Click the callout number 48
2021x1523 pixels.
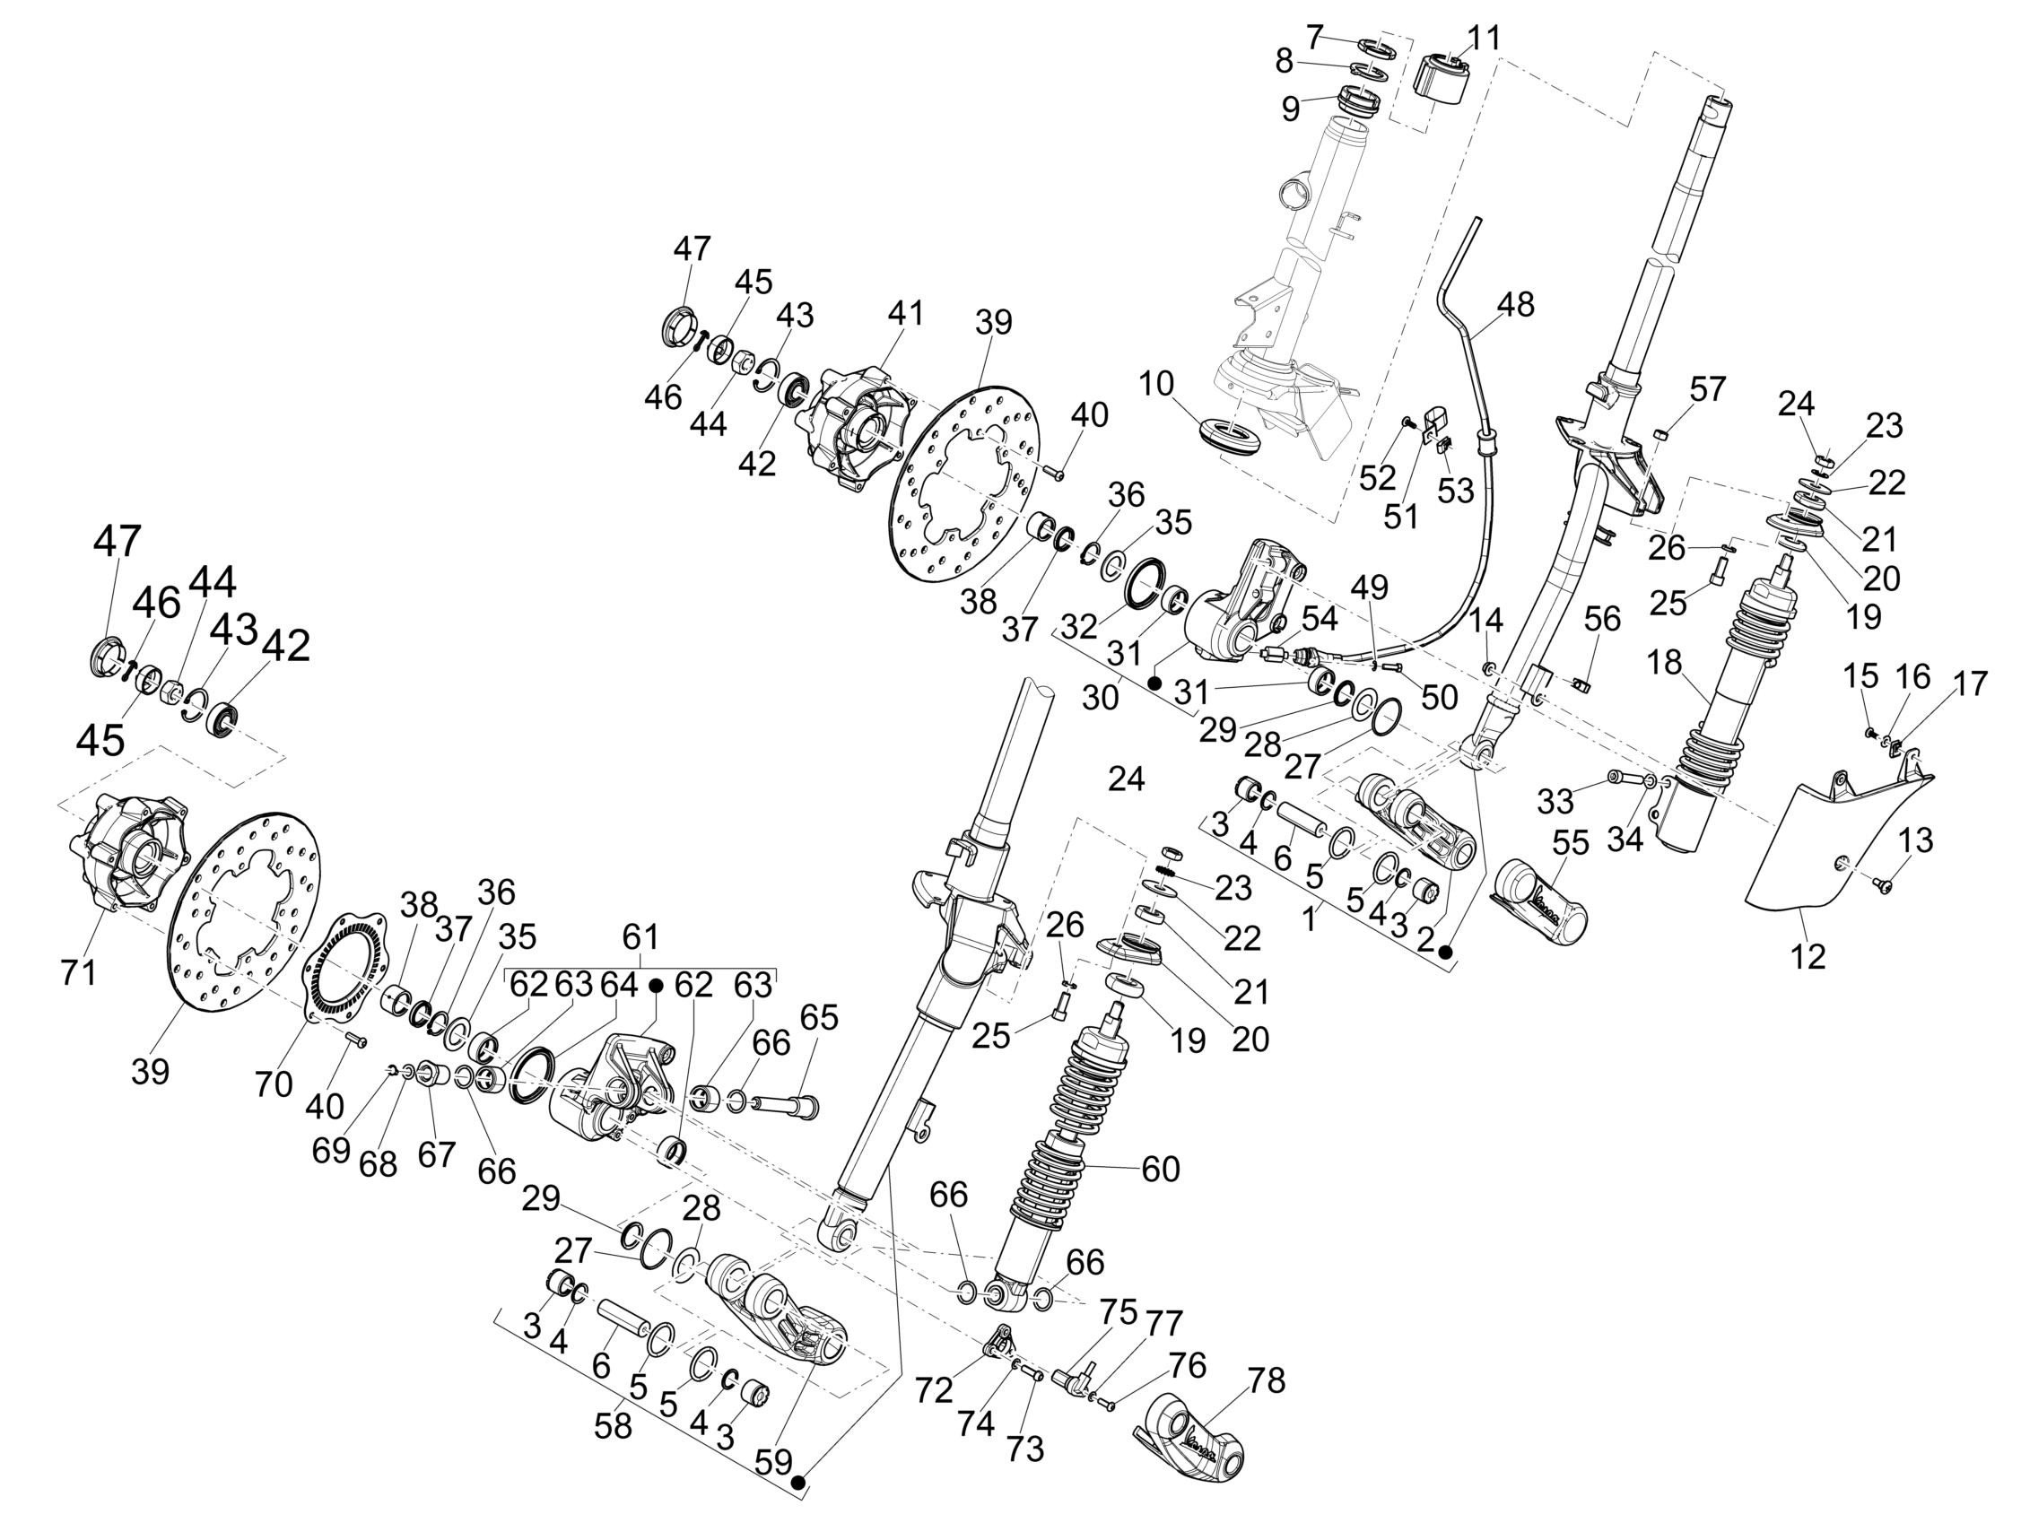click(1516, 304)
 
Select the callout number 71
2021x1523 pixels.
click(78, 973)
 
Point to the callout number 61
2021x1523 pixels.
click(640, 936)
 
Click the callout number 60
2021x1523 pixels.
click(1161, 1169)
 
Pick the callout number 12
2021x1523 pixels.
click(1809, 956)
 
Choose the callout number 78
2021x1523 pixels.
click(1266, 1380)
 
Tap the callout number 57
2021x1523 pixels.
click(1707, 389)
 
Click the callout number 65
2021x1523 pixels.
click(819, 1018)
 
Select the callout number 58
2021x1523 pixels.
click(612, 1426)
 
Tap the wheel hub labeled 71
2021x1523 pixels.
click(133, 854)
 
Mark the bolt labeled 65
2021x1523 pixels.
click(786, 1107)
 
